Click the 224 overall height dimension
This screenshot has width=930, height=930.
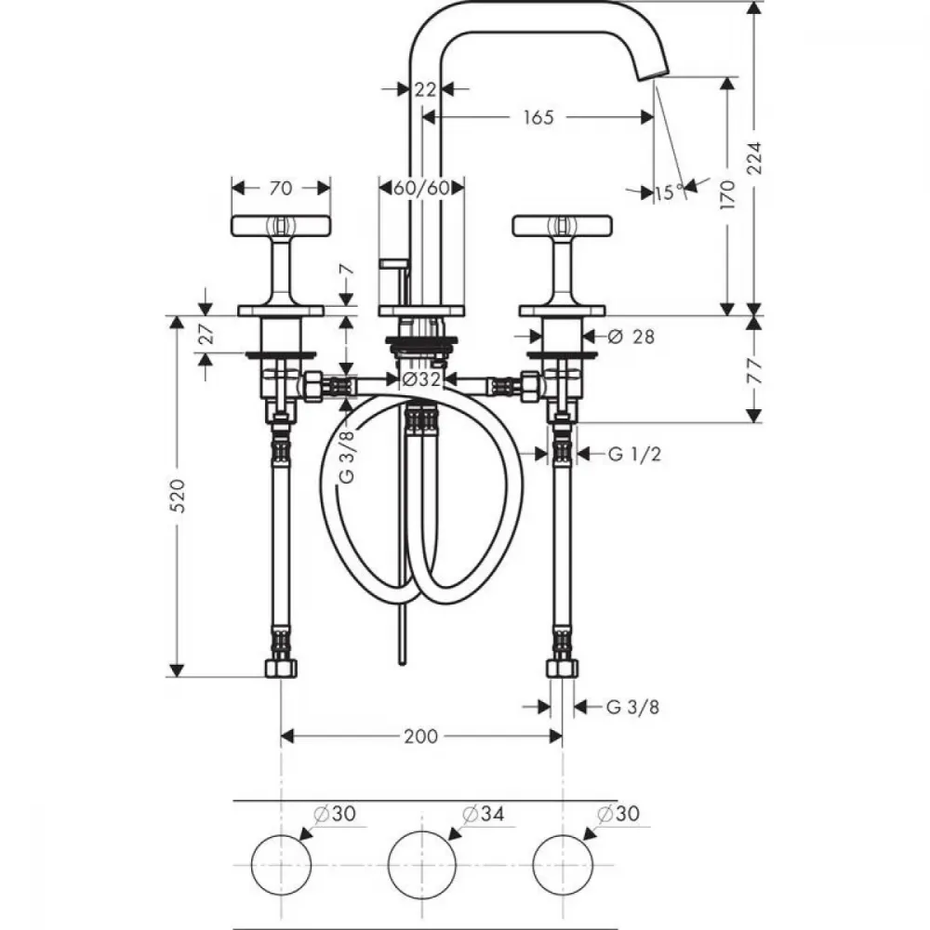point(753,158)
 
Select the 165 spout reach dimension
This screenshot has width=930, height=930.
point(538,117)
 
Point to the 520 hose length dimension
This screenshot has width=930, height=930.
point(178,496)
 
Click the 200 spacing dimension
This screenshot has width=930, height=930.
point(421,737)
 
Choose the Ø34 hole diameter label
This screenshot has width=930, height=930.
point(483,814)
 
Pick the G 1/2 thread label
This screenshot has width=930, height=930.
point(634,455)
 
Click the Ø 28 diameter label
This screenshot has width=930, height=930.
point(631,337)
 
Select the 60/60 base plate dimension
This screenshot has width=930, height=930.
point(421,189)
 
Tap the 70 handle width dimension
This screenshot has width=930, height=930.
point(281,188)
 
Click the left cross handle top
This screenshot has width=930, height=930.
point(281,225)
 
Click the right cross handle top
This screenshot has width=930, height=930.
point(563,225)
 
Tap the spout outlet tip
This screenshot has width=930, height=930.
point(653,74)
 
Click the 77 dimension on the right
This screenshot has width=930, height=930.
point(754,370)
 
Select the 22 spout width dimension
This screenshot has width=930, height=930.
point(425,89)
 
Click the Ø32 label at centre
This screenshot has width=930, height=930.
point(421,379)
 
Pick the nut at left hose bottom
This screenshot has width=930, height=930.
point(281,669)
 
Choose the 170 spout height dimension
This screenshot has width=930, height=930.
point(727,194)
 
